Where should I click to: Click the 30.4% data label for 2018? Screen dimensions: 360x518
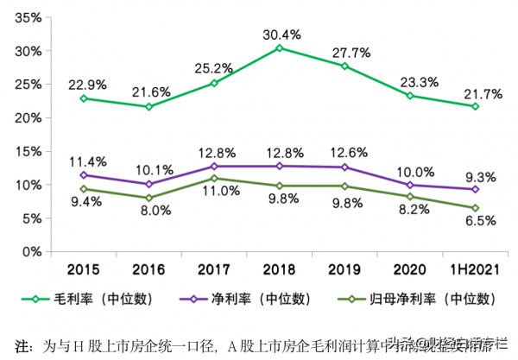[281, 35]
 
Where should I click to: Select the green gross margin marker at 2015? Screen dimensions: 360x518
[83, 98]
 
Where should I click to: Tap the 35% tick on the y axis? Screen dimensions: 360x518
[28, 18]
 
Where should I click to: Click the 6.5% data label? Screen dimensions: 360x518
[481, 221]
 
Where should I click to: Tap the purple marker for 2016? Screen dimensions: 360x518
[148, 184]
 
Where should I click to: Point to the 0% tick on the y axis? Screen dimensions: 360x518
[32, 252]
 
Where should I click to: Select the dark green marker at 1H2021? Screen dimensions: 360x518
[474, 208]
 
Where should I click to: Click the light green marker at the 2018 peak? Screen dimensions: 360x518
[279, 48]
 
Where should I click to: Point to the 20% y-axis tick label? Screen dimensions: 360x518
[28, 118]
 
